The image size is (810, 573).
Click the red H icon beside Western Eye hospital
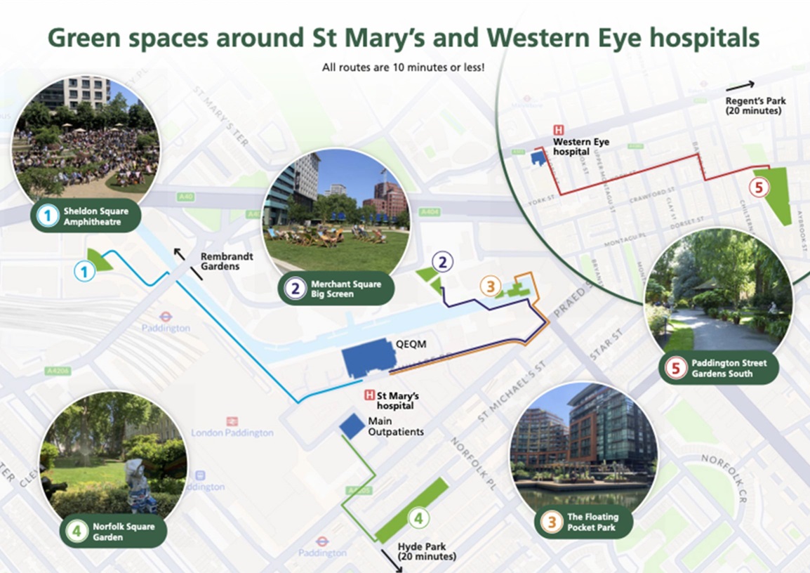click(559, 130)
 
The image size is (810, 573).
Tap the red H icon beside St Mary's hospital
click(369, 396)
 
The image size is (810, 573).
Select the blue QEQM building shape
click(370, 358)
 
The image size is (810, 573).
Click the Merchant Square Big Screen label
click(337, 289)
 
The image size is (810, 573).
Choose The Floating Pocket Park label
click(587, 522)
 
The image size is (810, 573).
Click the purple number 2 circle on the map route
click(443, 263)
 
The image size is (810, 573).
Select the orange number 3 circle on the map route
click(491, 286)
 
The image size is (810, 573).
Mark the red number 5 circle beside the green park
click(757, 187)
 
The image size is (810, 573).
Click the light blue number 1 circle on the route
click(84, 270)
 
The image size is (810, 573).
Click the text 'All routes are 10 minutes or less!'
click(404, 68)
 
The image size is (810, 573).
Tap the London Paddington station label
click(232, 433)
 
